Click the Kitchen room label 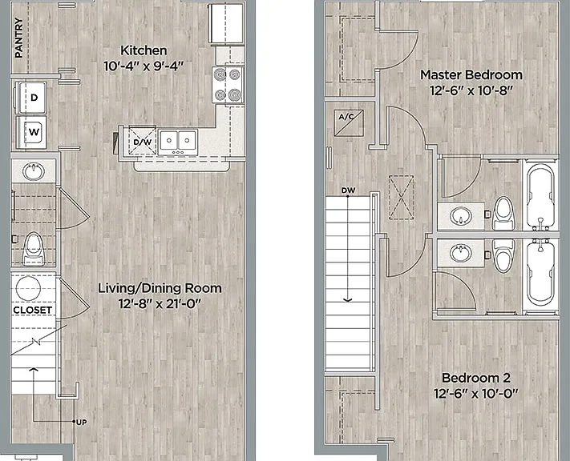click(x=144, y=50)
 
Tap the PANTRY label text click(x=19, y=38)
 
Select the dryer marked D click(x=31, y=97)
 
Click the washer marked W click(x=31, y=132)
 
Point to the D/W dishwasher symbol click(x=143, y=142)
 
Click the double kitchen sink click(x=178, y=141)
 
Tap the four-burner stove click(x=228, y=85)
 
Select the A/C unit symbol click(x=349, y=122)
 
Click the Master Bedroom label click(x=471, y=74)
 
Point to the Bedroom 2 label click(x=476, y=378)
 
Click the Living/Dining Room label click(x=160, y=288)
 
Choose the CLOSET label click(x=33, y=311)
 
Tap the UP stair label click(x=82, y=422)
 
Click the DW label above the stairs click(x=348, y=190)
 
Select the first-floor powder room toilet click(x=33, y=248)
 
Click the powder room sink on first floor click(x=34, y=171)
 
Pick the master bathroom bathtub click(x=540, y=196)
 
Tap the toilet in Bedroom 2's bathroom click(x=503, y=255)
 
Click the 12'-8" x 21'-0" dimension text click(x=160, y=303)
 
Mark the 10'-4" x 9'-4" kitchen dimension click(x=144, y=66)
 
